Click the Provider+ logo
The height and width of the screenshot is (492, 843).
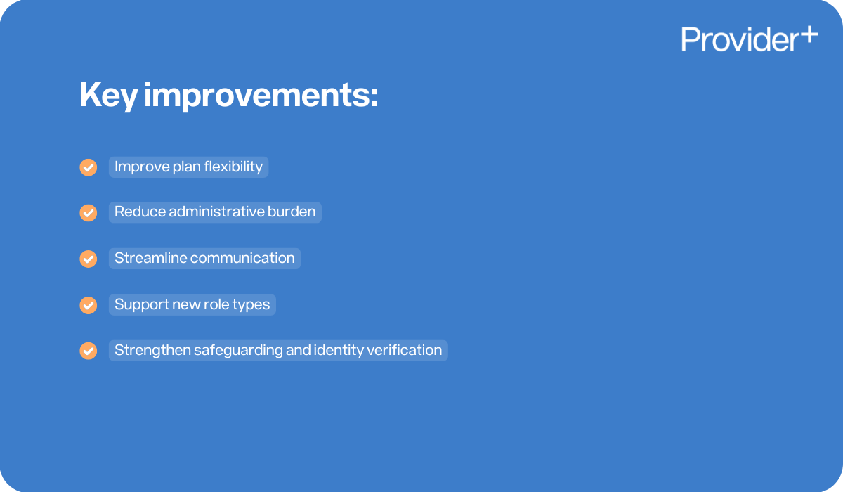pos(749,39)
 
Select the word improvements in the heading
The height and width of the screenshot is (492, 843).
pos(261,96)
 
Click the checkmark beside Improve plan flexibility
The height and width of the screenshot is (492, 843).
pos(88,167)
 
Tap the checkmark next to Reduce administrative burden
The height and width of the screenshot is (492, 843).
pos(88,213)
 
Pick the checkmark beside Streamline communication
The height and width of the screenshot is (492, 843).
pos(88,259)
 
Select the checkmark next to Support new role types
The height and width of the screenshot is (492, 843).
pos(88,305)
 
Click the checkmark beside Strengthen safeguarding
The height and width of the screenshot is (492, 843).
pos(88,351)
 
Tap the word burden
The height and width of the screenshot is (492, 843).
pos(292,212)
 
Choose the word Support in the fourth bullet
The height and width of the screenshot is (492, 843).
pos(139,304)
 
